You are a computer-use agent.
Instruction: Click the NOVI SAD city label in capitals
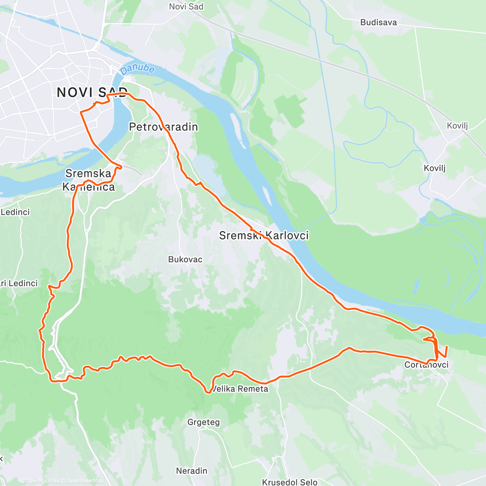(x=92, y=92)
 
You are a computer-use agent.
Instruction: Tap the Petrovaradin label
(x=163, y=127)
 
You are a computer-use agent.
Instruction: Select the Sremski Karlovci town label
(x=264, y=235)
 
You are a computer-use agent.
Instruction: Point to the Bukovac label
(x=185, y=259)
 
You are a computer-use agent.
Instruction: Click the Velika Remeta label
(x=240, y=389)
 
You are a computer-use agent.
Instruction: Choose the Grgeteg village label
(x=203, y=422)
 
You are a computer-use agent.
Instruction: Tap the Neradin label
(x=192, y=471)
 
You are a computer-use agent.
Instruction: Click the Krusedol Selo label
(x=290, y=482)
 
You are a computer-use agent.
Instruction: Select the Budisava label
(x=378, y=22)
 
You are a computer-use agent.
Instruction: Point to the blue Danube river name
(x=138, y=69)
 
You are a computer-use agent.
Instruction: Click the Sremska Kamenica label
(x=88, y=180)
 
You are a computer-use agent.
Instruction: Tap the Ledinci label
(x=15, y=212)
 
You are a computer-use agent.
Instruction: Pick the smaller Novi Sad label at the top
(x=186, y=6)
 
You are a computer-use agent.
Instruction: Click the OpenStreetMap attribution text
(x=85, y=481)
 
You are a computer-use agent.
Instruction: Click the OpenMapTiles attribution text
(x=42, y=481)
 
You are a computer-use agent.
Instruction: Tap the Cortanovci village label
(x=426, y=364)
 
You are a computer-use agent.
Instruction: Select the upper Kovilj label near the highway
(x=457, y=126)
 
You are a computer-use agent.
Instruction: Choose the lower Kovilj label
(x=435, y=168)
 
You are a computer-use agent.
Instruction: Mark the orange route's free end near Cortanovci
(x=447, y=347)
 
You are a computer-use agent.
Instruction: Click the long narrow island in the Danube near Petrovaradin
(x=237, y=130)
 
